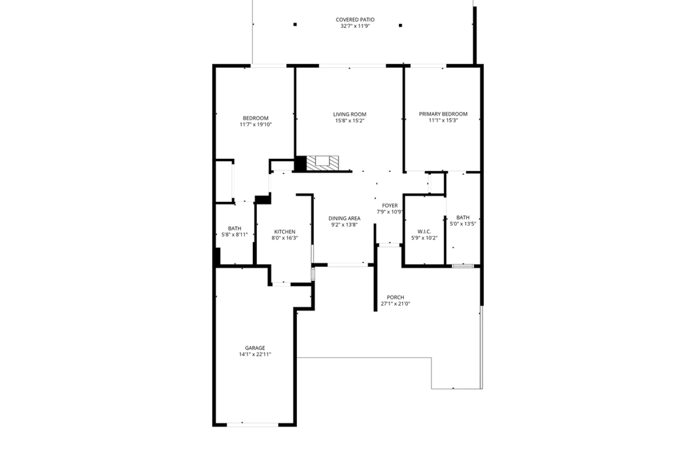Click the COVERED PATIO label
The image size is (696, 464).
(x=355, y=20)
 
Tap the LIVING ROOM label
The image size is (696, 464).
(x=349, y=114)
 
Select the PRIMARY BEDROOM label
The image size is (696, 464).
(x=443, y=114)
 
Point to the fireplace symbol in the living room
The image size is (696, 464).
(x=322, y=162)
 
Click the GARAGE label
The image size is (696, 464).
(x=255, y=348)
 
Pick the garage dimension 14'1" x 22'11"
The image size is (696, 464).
(x=255, y=354)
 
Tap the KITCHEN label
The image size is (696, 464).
(x=285, y=232)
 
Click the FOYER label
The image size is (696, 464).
(x=389, y=205)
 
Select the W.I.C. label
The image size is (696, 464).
(x=424, y=232)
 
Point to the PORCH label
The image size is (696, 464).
(x=395, y=298)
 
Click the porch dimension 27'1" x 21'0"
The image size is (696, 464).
(x=395, y=304)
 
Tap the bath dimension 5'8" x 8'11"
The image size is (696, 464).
(x=234, y=234)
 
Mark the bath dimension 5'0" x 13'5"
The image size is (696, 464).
(x=463, y=224)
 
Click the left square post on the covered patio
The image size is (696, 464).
(x=295, y=25)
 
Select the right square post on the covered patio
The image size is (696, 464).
(x=400, y=25)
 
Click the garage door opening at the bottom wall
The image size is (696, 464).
(x=253, y=425)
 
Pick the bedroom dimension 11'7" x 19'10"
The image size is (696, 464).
(x=256, y=124)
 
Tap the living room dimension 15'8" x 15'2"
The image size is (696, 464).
(x=349, y=121)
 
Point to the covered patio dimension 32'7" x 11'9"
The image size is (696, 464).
(x=355, y=26)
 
